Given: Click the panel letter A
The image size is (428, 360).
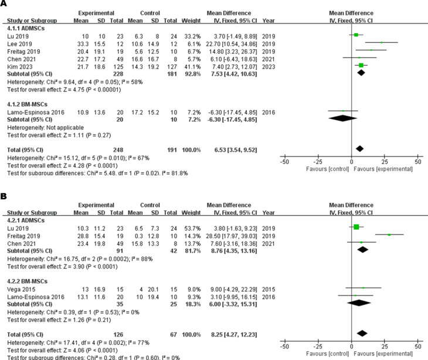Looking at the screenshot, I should (x=5, y=4).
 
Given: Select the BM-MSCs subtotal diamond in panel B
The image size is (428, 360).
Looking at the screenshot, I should (x=359, y=303).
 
